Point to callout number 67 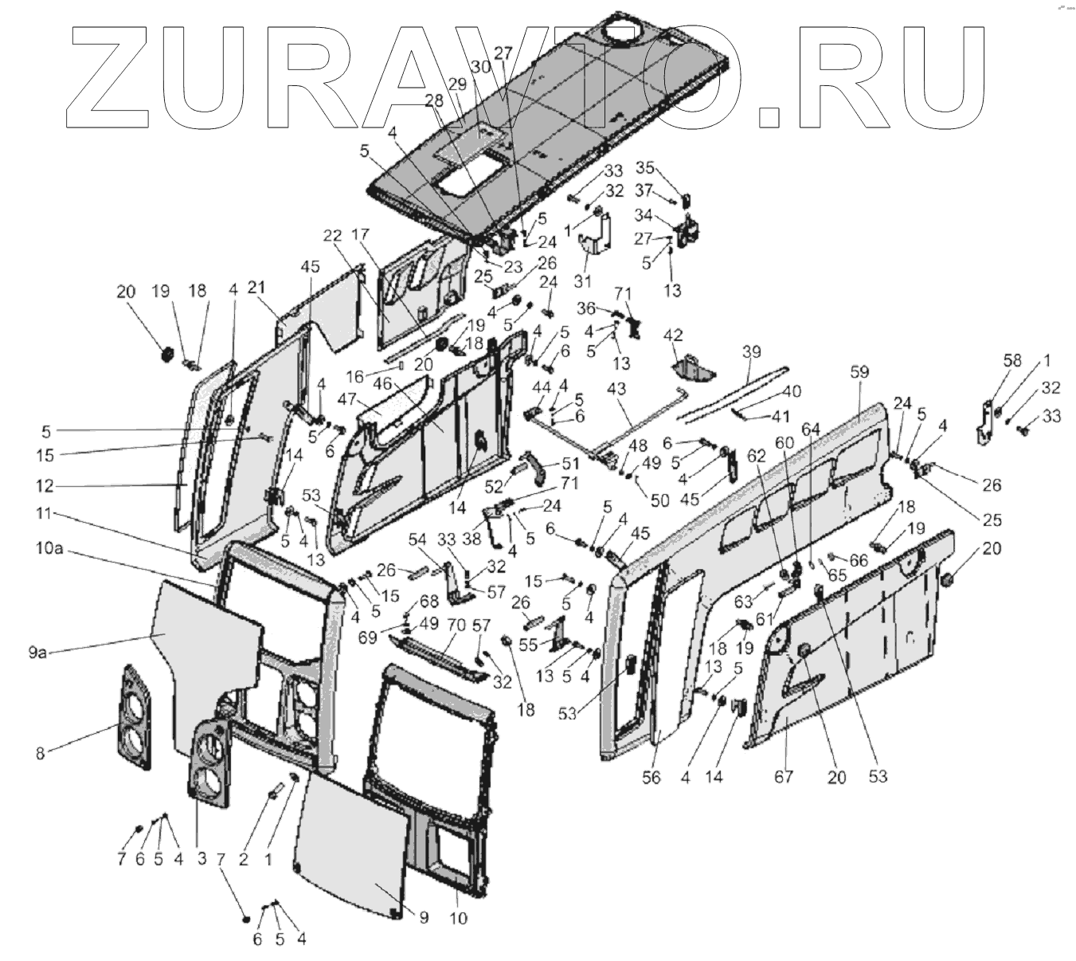tap(784, 775)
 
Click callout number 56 tap(651, 778)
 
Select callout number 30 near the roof tap(481, 69)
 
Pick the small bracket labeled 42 tap(690, 367)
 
